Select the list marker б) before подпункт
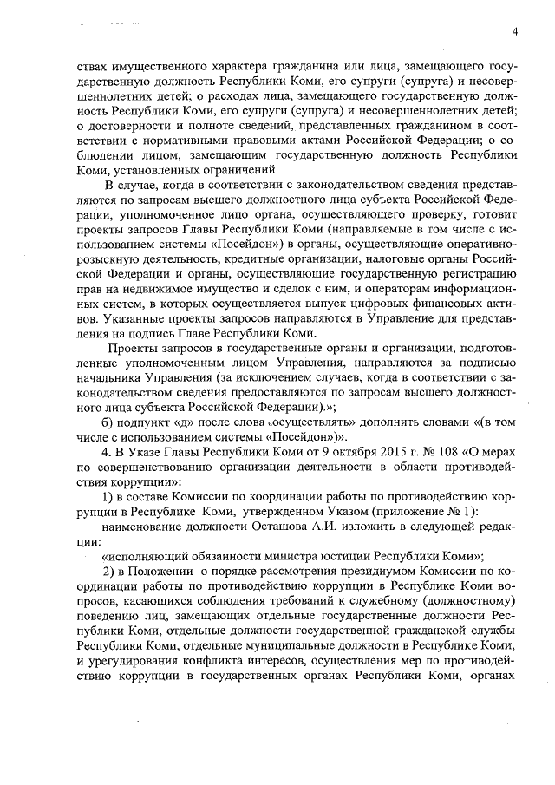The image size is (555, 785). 108,422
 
